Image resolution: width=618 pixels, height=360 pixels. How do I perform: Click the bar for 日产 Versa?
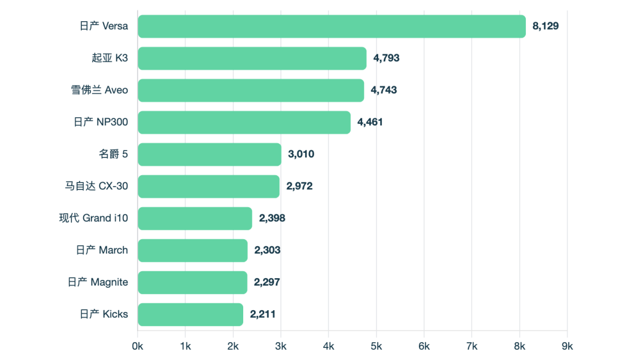click(331, 26)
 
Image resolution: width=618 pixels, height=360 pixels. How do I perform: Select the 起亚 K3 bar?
click(252, 58)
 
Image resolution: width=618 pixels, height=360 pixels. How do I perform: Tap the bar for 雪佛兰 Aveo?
click(251, 90)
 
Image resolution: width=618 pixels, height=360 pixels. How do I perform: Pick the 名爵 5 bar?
click(209, 155)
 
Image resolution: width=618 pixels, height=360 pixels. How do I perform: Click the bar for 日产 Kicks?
click(191, 314)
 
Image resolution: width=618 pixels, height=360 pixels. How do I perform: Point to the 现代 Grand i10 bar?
click(195, 219)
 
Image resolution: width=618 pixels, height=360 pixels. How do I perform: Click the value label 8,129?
click(545, 26)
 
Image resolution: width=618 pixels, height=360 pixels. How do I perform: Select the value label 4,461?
click(370, 122)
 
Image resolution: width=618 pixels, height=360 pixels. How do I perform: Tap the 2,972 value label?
click(299, 187)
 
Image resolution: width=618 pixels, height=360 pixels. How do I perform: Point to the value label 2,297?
click(267, 282)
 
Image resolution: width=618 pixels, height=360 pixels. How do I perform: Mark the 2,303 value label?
click(267, 250)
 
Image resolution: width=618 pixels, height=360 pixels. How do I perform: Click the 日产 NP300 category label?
click(101, 122)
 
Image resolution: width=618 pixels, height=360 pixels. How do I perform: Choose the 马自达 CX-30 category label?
click(96, 187)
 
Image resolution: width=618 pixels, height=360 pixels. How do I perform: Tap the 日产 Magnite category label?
click(98, 282)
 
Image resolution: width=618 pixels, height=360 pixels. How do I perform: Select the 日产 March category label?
click(102, 250)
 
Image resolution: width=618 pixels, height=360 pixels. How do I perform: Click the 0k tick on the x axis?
click(138, 346)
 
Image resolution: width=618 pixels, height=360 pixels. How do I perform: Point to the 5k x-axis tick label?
click(376, 346)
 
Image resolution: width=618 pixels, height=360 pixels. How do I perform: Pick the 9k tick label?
click(567, 346)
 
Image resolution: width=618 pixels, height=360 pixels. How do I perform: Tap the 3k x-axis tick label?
click(281, 346)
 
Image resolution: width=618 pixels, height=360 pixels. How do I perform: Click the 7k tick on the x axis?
click(472, 346)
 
